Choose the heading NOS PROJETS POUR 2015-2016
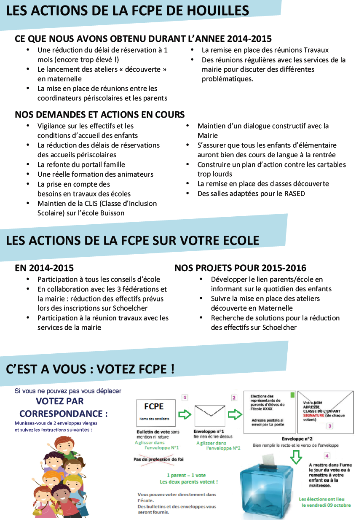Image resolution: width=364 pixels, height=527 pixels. [x=240, y=268]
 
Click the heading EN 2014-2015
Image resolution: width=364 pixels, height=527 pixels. [x=44, y=268]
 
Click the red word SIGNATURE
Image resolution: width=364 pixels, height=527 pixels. [x=314, y=415]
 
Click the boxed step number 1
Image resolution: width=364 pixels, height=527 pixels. [x=185, y=397]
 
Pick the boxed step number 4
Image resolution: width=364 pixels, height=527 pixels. [x=327, y=456]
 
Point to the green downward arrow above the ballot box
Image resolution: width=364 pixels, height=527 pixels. [x=297, y=457]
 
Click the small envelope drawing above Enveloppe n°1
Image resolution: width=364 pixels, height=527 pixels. [x=209, y=416]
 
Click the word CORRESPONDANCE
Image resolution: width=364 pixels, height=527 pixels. [x=61, y=414]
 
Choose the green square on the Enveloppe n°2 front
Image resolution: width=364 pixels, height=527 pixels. [x=292, y=395]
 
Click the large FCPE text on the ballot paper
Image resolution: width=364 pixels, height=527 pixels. [x=154, y=406]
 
